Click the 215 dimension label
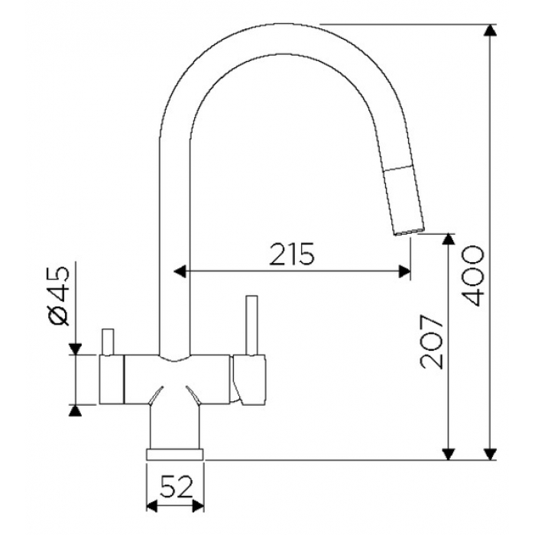pyautogui.click(x=292, y=255)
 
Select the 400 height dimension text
pyautogui.click(x=472, y=277)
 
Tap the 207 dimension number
pyautogui.click(x=432, y=342)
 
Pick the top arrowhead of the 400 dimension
pyautogui.click(x=491, y=31)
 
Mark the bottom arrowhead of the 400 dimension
pyautogui.click(x=491, y=454)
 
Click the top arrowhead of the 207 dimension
pyautogui.click(x=448, y=239)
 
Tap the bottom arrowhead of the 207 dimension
pyautogui.click(x=448, y=454)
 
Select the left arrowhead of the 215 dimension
pyautogui.click(x=180, y=271)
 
